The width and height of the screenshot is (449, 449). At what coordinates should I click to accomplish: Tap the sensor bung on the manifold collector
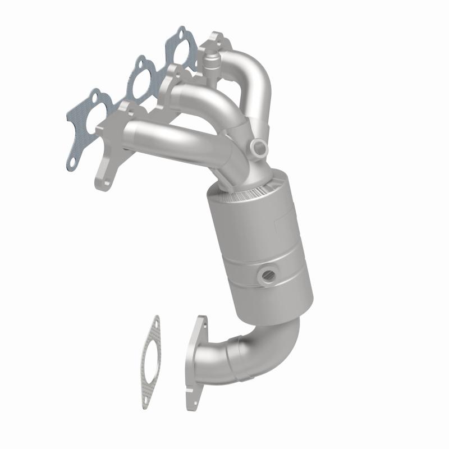pos(260,147)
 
